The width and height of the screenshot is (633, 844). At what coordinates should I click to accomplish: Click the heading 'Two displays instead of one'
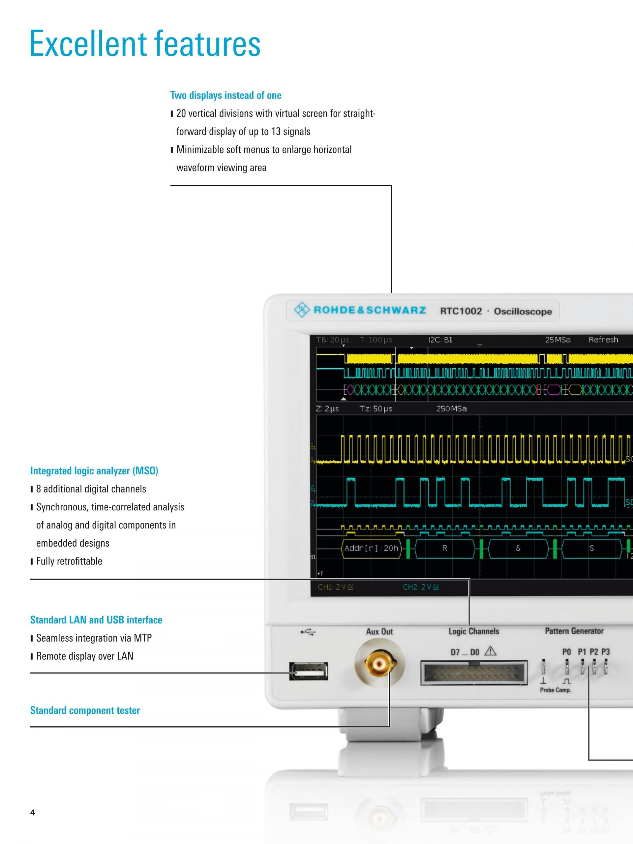[x=226, y=95]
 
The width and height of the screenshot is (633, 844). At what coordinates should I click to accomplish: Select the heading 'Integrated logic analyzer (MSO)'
[x=94, y=471]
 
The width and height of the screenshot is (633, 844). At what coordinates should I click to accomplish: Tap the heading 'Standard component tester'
[x=85, y=710]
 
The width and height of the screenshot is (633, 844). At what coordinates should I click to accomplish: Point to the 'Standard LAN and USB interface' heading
[x=96, y=620]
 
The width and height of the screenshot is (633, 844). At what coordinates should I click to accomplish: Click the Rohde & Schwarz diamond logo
[x=302, y=310]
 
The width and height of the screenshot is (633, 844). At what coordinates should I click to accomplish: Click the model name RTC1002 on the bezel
[x=461, y=311]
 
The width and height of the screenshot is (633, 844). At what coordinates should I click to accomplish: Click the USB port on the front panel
[x=308, y=671]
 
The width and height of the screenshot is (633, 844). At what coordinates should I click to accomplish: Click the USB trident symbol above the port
[x=308, y=632]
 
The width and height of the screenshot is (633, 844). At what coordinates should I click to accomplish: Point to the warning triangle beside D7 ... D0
[x=490, y=651]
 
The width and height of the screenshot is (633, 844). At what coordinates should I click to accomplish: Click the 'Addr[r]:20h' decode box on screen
[x=371, y=549]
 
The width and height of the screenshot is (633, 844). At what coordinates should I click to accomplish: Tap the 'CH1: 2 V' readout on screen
[x=336, y=587]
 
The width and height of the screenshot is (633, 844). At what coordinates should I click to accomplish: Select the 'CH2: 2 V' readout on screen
[x=421, y=587]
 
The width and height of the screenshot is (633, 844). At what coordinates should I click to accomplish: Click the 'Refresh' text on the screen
[x=603, y=340]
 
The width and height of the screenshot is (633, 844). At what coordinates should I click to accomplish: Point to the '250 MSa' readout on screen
[x=451, y=408]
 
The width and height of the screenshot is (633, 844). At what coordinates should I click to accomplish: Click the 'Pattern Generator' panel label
[x=574, y=631]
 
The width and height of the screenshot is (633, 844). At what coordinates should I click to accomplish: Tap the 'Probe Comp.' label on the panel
[x=556, y=690]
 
